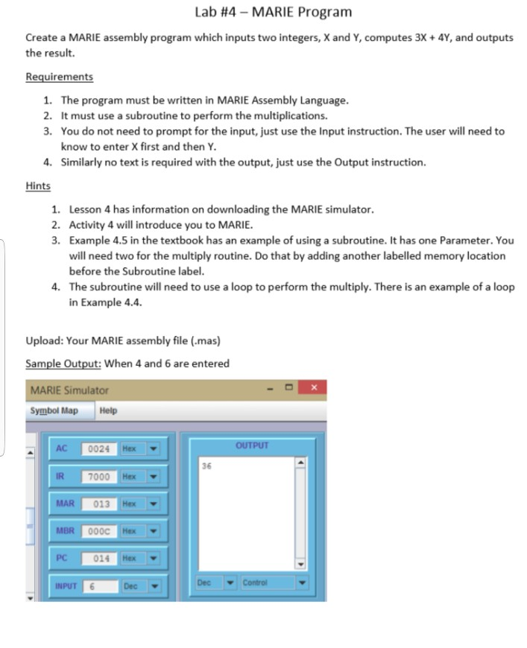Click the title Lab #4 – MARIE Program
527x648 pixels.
272,12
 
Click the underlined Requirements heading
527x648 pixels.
59,77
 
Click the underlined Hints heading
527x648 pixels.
38,185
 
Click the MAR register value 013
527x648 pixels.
101,504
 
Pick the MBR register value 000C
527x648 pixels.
101,531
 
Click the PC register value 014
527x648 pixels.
101,558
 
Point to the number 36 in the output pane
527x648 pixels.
206,465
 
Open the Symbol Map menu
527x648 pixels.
54,410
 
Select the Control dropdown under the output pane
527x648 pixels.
270,582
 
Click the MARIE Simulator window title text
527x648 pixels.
69,390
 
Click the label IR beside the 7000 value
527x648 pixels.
61,476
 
